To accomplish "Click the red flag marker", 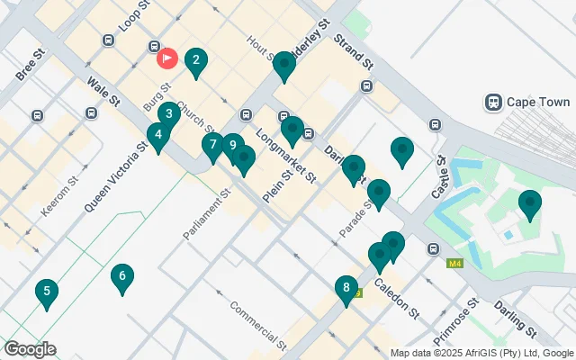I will (x=167, y=58).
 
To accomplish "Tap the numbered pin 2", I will (x=195, y=61).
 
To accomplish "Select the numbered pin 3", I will (x=168, y=114).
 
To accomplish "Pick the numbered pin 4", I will (x=159, y=136).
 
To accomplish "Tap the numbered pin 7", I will (x=213, y=144).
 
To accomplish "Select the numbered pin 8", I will (x=346, y=288).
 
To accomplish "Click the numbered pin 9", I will (x=233, y=145).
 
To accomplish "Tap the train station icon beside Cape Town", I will (x=492, y=102).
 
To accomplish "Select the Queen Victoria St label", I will (x=116, y=176).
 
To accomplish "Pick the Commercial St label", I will (x=256, y=326).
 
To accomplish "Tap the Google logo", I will (x=30, y=349).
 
